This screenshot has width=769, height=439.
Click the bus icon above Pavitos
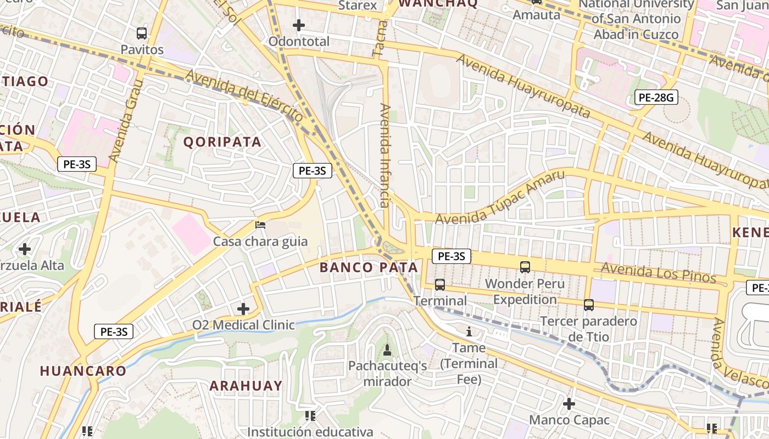(x=142, y=33)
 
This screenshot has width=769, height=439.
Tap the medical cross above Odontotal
(x=299, y=25)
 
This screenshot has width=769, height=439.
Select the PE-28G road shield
(x=656, y=98)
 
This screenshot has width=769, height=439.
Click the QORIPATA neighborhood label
(x=222, y=142)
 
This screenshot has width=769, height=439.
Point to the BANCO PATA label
(x=369, y=268)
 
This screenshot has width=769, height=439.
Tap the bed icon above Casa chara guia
(x=260, y=225)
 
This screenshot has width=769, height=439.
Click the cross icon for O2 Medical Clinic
(x=243, y=309)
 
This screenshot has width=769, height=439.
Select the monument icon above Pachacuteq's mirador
(x=387, y=350)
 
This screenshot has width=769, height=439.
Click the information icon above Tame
(x=469, y=331)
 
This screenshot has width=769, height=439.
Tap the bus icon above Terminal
(x=440, y=284)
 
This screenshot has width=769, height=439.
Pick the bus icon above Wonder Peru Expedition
(x=525, y=267)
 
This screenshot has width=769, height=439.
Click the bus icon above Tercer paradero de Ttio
(x=589, y=305)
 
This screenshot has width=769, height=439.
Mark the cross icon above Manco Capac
(x=569, y=404)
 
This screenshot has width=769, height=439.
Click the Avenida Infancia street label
(x=384, y=155)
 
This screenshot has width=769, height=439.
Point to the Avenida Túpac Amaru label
(x=500, y=198)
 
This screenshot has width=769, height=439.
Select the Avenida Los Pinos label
(x=658, y=273)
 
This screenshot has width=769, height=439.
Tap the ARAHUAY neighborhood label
(x=246, y=386)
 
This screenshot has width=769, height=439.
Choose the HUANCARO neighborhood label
(x=83, y=371)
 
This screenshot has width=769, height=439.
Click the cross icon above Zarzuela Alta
(x=25, y=249)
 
